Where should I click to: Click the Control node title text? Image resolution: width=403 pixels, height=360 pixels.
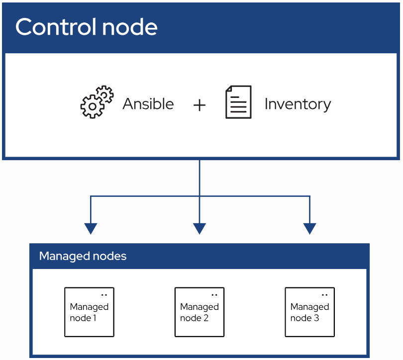[87, 27]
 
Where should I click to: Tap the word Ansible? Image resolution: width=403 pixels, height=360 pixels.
[148, 104]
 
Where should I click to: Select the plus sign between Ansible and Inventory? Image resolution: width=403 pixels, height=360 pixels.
[200, 105]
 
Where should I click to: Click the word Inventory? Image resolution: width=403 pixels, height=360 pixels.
[298, 104]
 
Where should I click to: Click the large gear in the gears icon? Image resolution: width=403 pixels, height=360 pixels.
[92, 106]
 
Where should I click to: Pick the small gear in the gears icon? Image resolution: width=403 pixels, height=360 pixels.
[104, 94]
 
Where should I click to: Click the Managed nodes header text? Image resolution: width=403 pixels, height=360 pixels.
[83, 256]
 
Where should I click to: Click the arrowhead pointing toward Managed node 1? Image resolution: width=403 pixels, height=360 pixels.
[91, 229]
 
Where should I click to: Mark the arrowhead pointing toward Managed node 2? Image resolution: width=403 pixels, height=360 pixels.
[200, 229]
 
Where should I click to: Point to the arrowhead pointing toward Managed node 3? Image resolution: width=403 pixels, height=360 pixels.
[309, 229]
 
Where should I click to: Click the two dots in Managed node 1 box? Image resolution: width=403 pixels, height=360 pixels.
[104, 295]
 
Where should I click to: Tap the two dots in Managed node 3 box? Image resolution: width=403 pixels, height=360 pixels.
[324, 295]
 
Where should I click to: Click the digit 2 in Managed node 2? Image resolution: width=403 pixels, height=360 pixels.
[206, 318]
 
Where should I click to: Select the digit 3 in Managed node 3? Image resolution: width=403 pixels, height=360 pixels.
[316, 318]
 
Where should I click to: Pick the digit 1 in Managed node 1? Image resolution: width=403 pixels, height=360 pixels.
[95, 318]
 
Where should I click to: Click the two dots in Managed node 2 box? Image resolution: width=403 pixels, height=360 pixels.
[214, 295]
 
